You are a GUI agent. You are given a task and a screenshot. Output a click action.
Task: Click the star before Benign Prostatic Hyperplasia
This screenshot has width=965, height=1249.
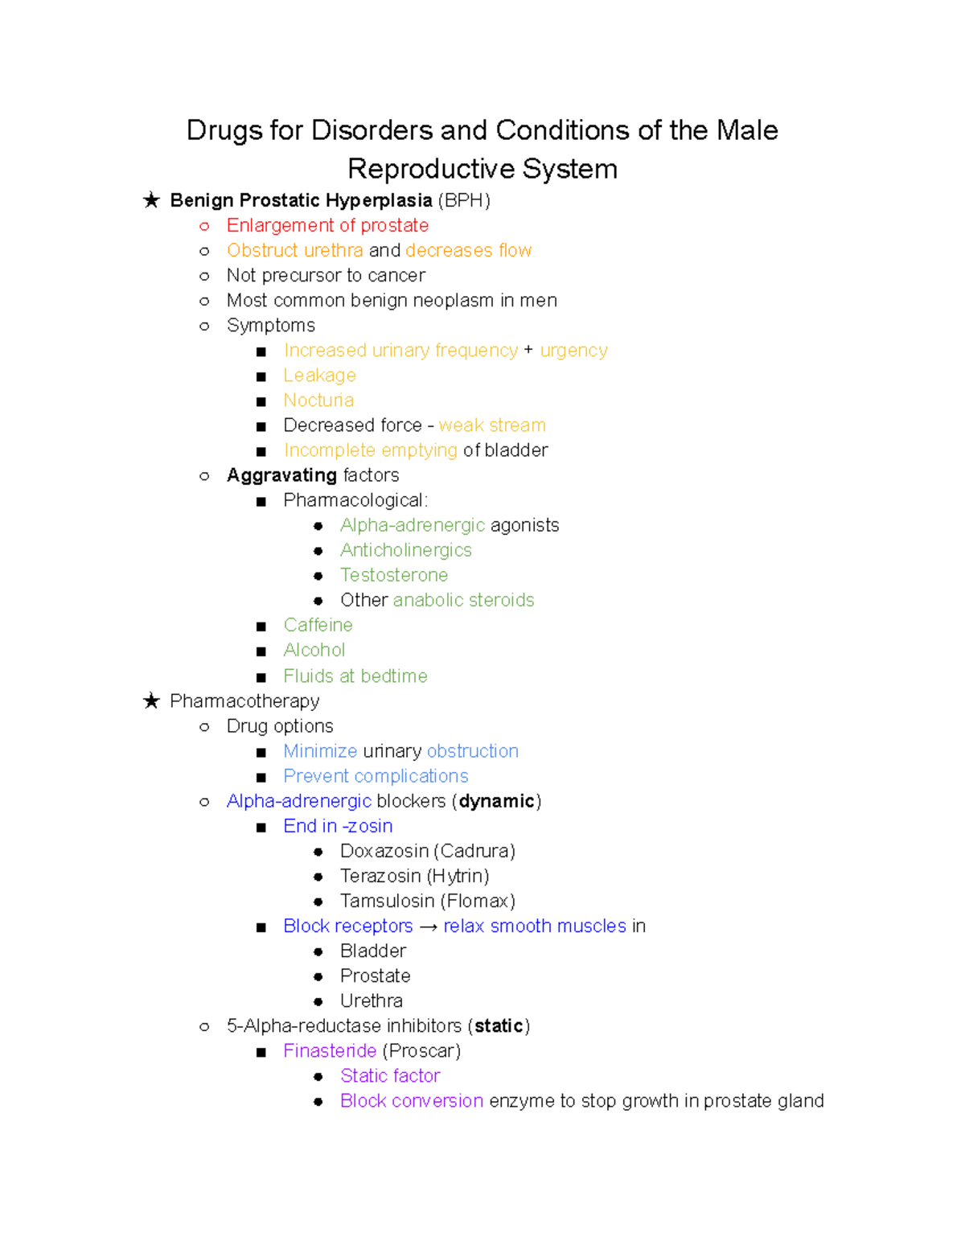(x=151, y=200)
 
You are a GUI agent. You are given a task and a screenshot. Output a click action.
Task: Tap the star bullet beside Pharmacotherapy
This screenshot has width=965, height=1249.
(x=151, y=701)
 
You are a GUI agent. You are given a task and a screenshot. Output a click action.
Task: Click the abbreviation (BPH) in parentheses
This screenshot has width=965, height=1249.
(x=464, y=200)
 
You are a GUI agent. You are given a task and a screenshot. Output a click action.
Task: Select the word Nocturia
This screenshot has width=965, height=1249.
(x=318, y=401)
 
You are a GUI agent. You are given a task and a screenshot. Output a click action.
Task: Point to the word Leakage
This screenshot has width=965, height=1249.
(x=319, y=376)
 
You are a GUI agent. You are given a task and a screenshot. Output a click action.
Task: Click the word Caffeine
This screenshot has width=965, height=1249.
(x=318, y=625)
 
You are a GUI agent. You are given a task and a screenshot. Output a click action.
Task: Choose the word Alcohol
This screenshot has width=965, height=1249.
(x=314, y=650)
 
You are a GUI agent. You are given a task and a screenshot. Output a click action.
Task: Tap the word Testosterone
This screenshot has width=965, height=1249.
(x=394, y=575)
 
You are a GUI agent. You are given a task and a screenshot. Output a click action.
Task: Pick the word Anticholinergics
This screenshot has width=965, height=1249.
(x=406, y=550)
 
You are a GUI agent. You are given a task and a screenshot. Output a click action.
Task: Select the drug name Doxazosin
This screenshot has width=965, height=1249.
(x=384, y=851)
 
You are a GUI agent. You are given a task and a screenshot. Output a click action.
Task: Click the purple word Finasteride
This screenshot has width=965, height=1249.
(x=330, y=1050)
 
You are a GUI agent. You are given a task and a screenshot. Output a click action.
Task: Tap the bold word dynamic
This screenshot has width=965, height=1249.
(x=496, y=801)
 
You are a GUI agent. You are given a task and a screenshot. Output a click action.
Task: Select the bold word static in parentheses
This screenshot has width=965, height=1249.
(x=499, y=1025)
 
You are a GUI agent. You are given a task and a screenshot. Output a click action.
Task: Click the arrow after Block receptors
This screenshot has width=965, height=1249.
(x=428, y=926)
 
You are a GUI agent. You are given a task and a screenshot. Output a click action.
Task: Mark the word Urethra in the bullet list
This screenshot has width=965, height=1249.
(x=372, y=1000)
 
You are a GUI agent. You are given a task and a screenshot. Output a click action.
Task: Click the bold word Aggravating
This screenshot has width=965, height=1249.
(x=281, y=475)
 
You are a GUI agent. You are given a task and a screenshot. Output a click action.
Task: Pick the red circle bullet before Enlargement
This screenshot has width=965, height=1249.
(x=204, y=226)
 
